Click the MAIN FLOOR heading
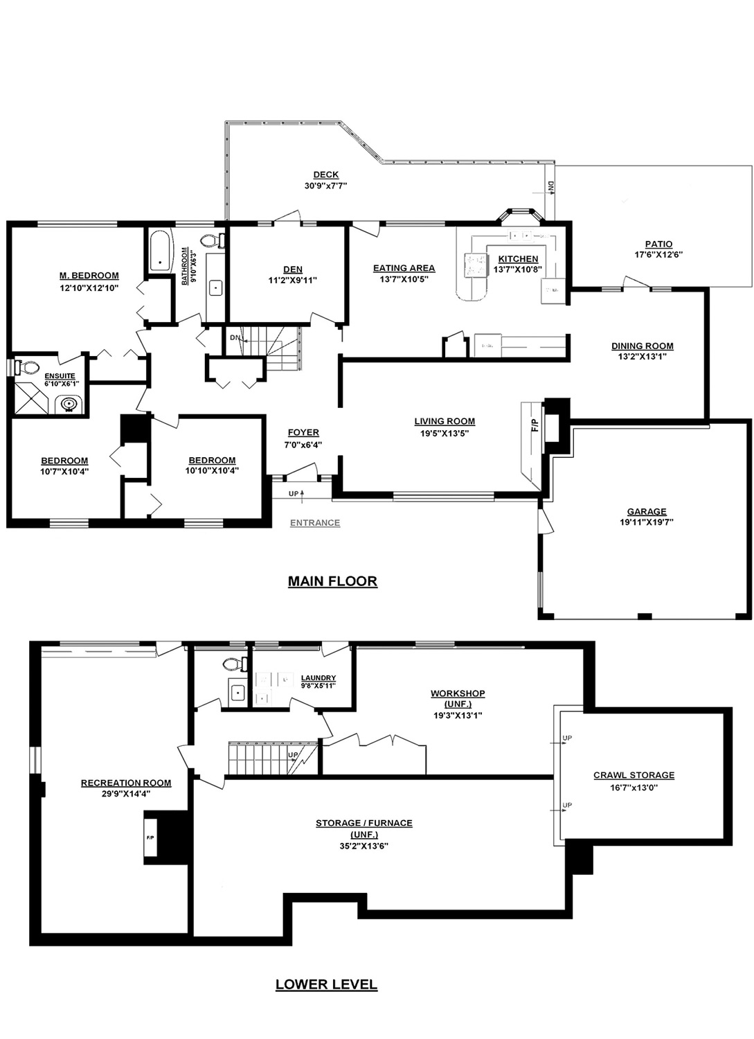pyautogui.click(x=332, y=581)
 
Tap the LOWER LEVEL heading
pyautogui.click(x=326, y=984)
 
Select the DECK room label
pyautogui.click(x=326, y=175)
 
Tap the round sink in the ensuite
pyautogui.click(x=69, y=404)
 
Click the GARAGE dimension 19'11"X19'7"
pyautogui.click(x=647, y=522)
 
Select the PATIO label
pyautogui.click(x=658, y=244)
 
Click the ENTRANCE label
pyautogui.click(x=315, y=523)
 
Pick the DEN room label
pyautogui.click(x=293, y=269)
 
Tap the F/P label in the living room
pyautogui.click(x=535, y=425)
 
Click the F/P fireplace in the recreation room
pyautogui.click(x=151, y=837)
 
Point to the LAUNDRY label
pyautogui.click(x=318, y=677)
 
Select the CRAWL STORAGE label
pyautogui.click(x=634, y=775)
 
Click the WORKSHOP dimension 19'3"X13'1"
pyautogui.click(x=458, y=716)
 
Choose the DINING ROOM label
pyautogui.click(x=643, y=346)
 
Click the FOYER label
pyautogui.click(x=303, y=433)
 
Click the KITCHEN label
pyautogui.click(x=518, y=259)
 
